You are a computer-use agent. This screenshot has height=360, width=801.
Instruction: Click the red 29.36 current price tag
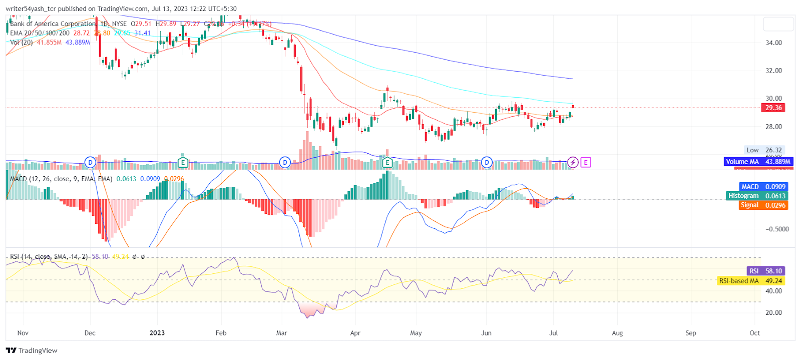[773, 108]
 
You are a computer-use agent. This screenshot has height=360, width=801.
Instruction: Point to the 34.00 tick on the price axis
[773, 43]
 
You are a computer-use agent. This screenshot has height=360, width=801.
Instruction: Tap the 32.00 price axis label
[773, 71]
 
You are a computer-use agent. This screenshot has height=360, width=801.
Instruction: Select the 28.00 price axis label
[773, 127]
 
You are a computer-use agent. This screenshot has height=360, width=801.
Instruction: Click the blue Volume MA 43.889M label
[758, 162]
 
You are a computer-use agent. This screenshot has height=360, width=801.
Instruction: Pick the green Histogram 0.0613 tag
[757, 196]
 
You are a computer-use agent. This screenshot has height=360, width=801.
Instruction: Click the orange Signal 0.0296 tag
[763, 205]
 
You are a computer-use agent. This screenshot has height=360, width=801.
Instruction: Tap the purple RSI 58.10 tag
[765, 271]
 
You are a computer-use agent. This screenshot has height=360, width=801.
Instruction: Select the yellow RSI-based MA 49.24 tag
[750, 281]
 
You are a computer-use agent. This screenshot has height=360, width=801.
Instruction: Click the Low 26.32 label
[764, 150]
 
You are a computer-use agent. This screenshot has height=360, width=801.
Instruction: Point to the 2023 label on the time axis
[157, 333]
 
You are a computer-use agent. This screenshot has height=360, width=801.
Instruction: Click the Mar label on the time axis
[282, 333]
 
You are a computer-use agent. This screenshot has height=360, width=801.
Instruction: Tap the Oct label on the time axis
[754, 333]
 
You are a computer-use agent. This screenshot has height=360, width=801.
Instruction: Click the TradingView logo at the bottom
[32, 350]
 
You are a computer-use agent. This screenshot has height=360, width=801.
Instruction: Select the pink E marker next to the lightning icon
[585, 162]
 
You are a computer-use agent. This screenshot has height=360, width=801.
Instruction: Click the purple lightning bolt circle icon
[573, 162]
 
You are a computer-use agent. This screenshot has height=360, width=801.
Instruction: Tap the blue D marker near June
[487, 162]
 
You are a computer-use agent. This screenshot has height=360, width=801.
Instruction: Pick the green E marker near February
[183, 162]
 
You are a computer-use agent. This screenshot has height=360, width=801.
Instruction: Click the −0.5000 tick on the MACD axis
[777, 229]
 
